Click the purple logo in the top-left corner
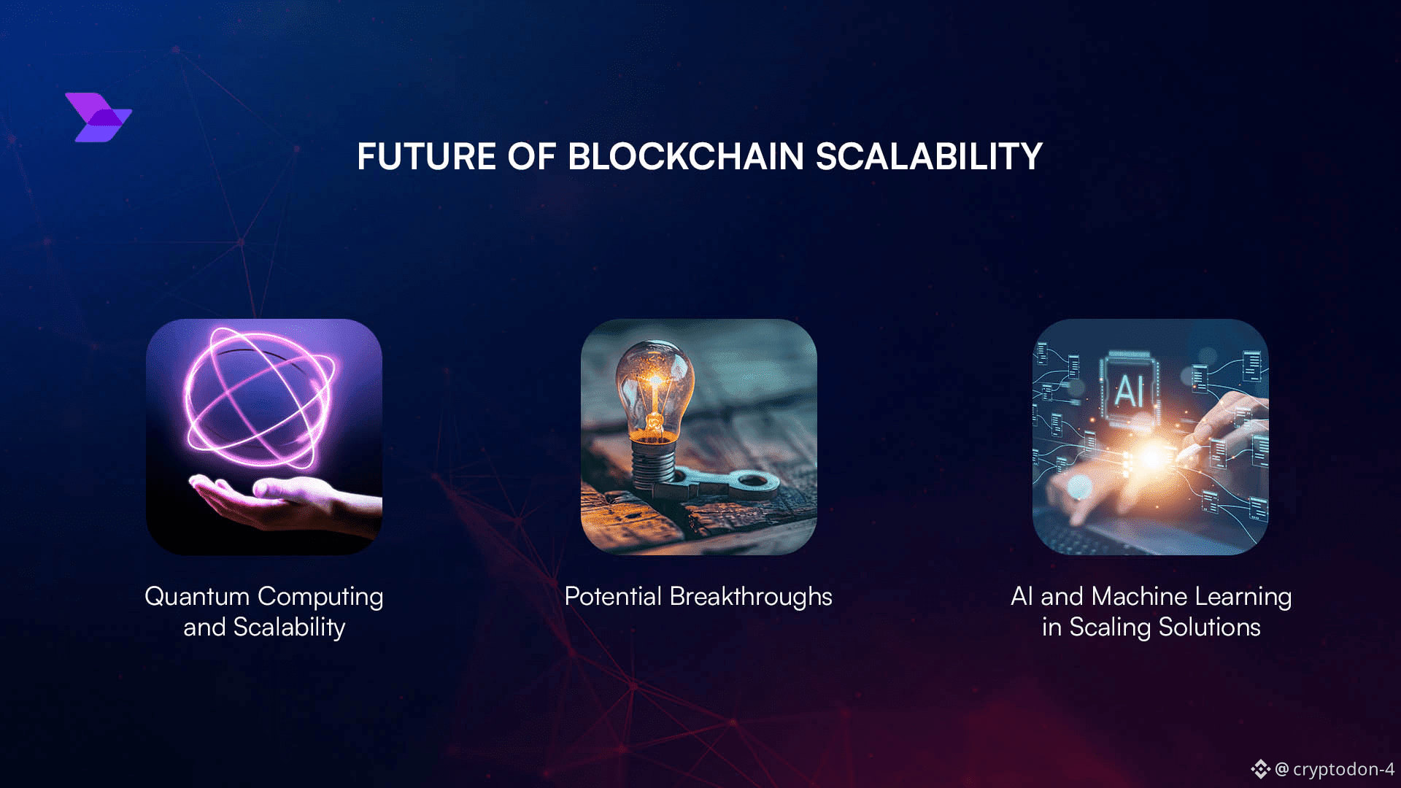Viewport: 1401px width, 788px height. pyautogui.click(x=99, y=117)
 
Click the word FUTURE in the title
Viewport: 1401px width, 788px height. pyautogui.click(x=427, y=157)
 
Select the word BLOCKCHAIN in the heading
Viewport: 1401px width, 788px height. pyautogui.click(x=685, y=157)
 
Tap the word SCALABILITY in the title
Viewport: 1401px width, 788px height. pyautogui.click(x=929, y=157)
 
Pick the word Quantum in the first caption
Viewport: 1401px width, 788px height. pyautogui.click(x=197, y=597)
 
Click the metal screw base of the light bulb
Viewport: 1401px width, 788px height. pyautogui.click(x=653, y=463)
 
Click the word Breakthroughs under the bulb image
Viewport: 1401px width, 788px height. pyautogui.click(x=751, y=598)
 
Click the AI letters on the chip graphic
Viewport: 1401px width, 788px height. pyautogui.click(x=1128, y=391)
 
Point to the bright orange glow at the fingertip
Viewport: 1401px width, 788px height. pyautogui.click(x=1151, y=457)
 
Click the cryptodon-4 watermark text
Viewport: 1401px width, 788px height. pyautogui.click(x=1343, y=769)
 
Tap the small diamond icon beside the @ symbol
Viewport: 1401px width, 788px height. pyautogui.click(x=1260, y=769)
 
